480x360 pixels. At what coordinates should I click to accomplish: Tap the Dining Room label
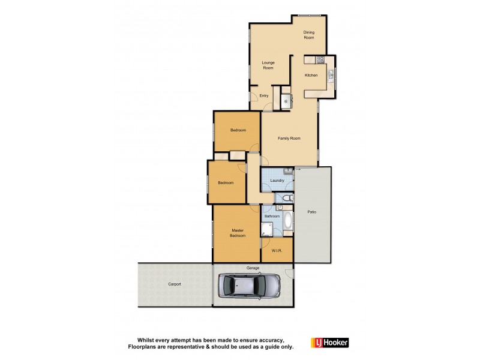pyautogui.click(x=308, y=35)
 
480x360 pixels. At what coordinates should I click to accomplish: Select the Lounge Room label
pyautogui.click(x=268, y=65)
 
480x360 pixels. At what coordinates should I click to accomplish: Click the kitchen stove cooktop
pyautogui.click(x=320, y=59)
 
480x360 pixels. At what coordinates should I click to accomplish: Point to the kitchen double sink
pyautogui.click(x=331, y=75)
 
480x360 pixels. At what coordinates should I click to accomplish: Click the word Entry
pyautogui.click(x=264, y=95)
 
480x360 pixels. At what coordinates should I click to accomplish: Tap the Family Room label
pyautogui.click(x=289, y=138)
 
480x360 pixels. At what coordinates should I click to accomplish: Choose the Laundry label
pyautogui.click(x=277, y=181)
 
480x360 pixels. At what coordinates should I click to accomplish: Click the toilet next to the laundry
pyautogui.click(x=286, y=198)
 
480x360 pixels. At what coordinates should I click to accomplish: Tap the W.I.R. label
pyautogui.click(x=277, y=250)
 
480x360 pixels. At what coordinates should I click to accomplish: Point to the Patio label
pyautogui.click(x=312, y=212)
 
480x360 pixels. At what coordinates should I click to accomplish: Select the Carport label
pyautogui.click(x=174, y=284)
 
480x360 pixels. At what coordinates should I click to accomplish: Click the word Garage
pyautogui.click(x=253, y=268)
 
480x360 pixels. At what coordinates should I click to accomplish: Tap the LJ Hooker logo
pyautogui.click(x=329, y=343)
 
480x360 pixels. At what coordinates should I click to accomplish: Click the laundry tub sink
pyautogui.click(x=288, y=172)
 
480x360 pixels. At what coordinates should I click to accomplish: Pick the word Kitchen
pyautogui.click(x=311, y=75)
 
